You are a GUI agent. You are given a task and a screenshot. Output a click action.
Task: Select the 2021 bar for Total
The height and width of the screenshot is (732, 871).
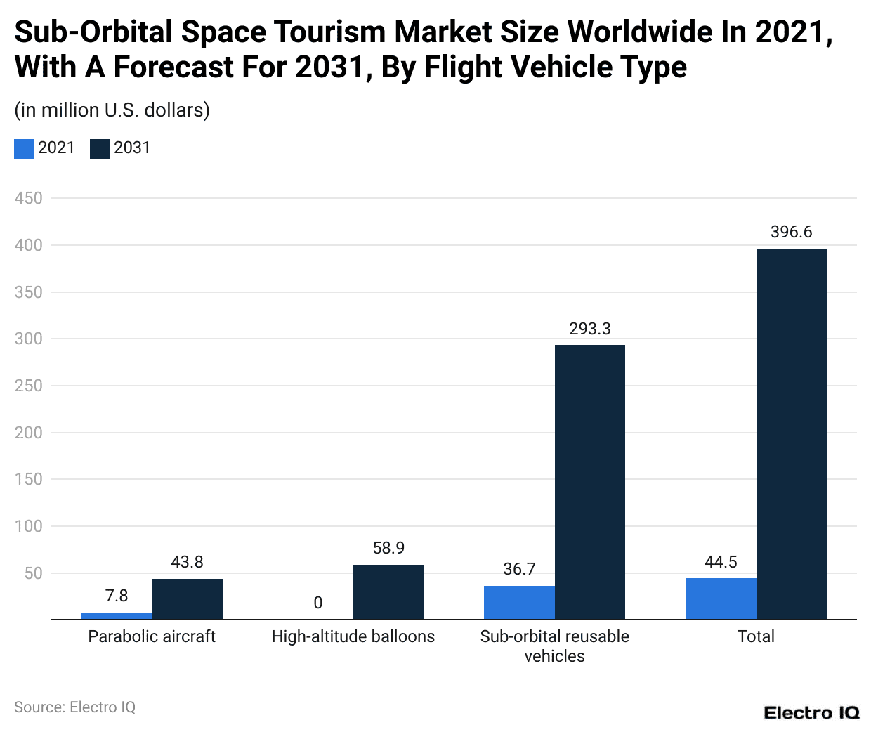tap(721, 599)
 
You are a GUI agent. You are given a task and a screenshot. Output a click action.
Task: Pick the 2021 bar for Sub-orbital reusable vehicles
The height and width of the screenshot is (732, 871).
tap(519, 602)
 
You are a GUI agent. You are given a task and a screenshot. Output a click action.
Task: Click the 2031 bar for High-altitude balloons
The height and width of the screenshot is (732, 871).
tap(388, 592)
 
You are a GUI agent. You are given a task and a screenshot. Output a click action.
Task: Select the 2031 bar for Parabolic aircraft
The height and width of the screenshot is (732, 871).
tap(187, 599)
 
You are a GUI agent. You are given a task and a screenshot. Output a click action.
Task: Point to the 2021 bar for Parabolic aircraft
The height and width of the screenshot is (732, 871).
tap(117, 616)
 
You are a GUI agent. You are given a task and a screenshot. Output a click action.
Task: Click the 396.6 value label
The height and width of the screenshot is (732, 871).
tap(791, 232)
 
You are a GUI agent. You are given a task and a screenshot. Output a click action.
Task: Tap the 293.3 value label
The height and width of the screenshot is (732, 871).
tap(589, 329)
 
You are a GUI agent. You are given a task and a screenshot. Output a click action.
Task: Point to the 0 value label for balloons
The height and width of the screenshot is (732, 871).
tap(318, 603)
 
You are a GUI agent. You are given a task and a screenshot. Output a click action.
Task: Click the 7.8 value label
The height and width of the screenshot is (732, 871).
tap(117, 596)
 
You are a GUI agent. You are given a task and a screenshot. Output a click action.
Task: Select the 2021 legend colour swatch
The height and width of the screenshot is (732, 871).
tap(24, 148)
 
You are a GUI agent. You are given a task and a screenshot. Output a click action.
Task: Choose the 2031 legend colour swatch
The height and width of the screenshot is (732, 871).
tap(100, 148)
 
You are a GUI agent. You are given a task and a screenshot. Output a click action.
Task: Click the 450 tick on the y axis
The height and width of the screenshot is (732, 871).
tap(29, 198)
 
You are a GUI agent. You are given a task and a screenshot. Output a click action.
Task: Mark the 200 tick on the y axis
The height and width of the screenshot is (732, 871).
tap(29, 433)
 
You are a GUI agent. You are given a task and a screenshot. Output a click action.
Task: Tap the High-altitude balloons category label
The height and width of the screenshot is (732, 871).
tap(353, 636)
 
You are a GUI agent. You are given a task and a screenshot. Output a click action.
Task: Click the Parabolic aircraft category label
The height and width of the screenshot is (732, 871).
tap(152, 636)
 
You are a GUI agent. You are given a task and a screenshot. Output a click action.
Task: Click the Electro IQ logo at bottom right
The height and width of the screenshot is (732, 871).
tap(811, 712)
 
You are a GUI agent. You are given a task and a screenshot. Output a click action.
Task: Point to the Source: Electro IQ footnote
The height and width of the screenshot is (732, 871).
tap(75, 707)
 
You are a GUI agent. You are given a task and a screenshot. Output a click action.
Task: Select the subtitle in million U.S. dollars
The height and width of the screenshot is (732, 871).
tap(112, 110)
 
